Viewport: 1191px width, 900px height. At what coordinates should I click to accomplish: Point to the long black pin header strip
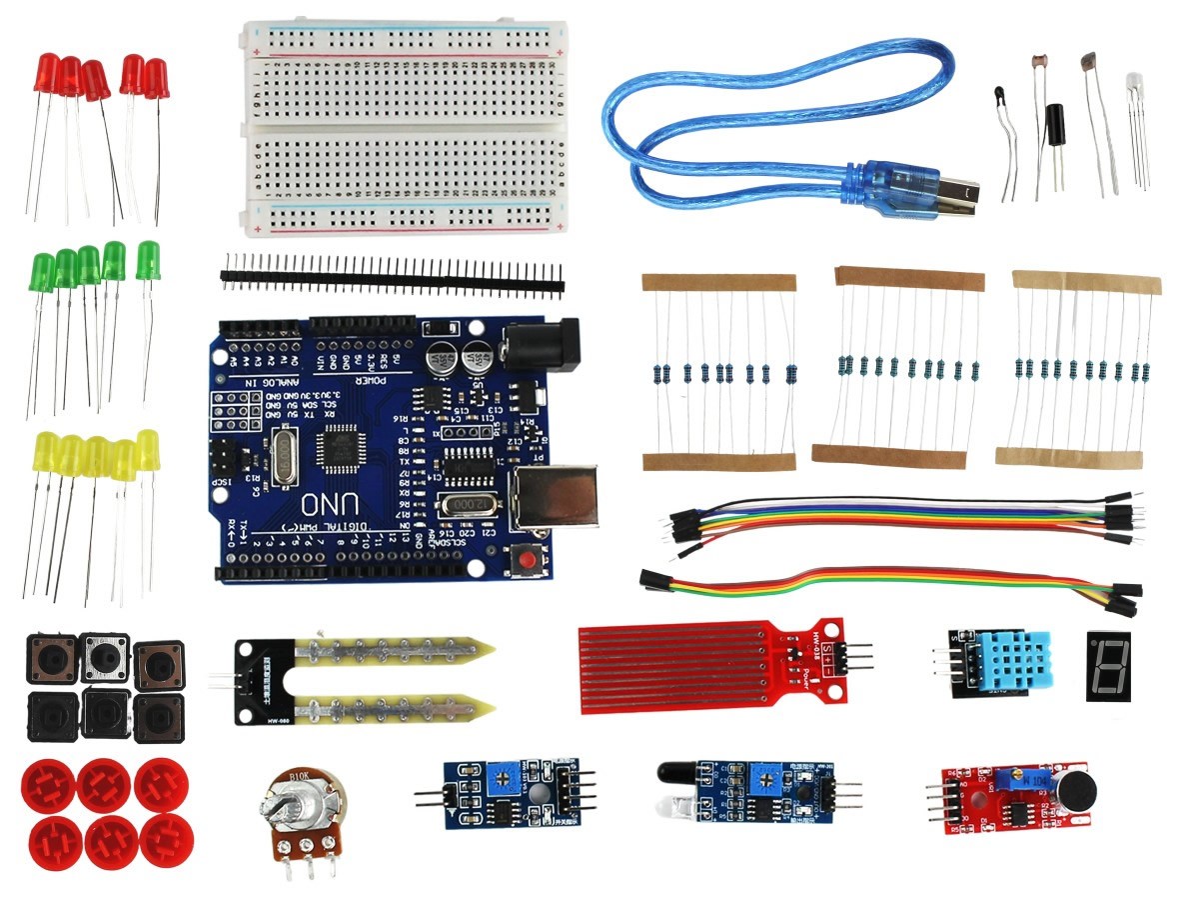click(392, 272)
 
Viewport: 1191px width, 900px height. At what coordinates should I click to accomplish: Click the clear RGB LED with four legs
click(1135, 85)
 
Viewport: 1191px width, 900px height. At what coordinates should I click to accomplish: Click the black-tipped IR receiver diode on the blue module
click(673, 772)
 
